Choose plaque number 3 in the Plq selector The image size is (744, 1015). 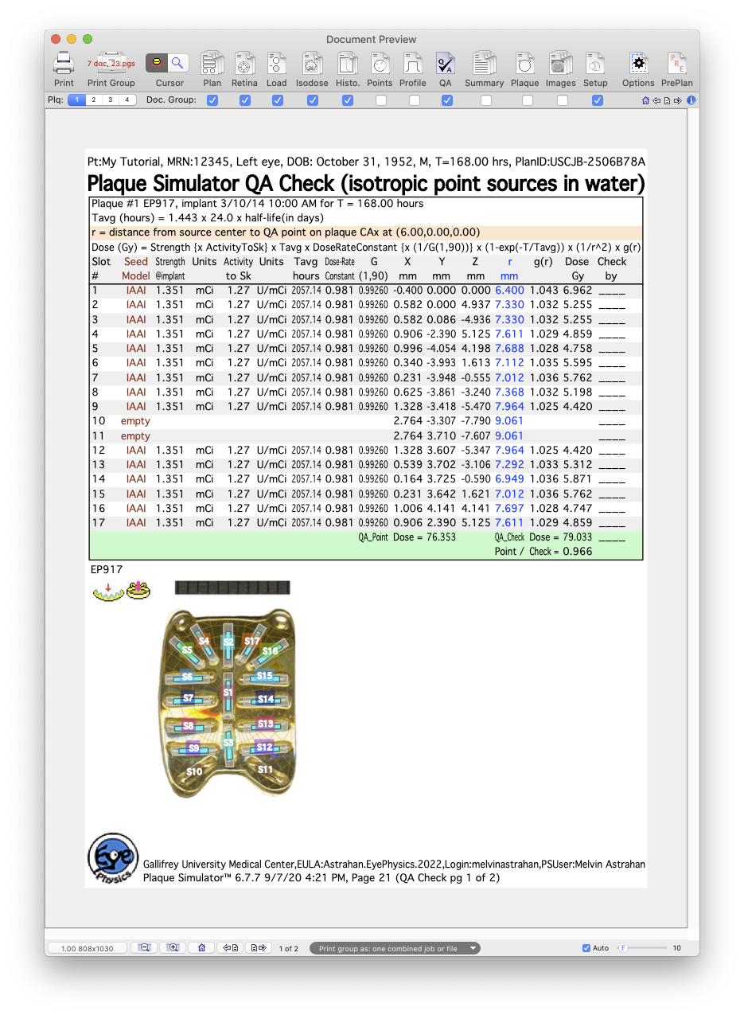pos(109,100)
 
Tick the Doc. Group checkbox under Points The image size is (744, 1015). pos(381,100)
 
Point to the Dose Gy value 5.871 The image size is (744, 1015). pos(577,479)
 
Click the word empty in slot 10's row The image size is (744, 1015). pos(135,421)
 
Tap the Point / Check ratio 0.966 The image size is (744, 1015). pos(577,551)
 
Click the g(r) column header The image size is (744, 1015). pos(544,261)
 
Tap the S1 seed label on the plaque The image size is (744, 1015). pos(228,693)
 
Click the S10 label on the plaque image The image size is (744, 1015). pos(193,771)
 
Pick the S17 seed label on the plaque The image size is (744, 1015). pos(252,641)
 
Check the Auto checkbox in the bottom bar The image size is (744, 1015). pos(586,948)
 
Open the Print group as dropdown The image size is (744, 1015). pos(395,948)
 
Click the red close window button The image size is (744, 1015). pos(55,39)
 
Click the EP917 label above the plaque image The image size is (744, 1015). pos(106,570)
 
